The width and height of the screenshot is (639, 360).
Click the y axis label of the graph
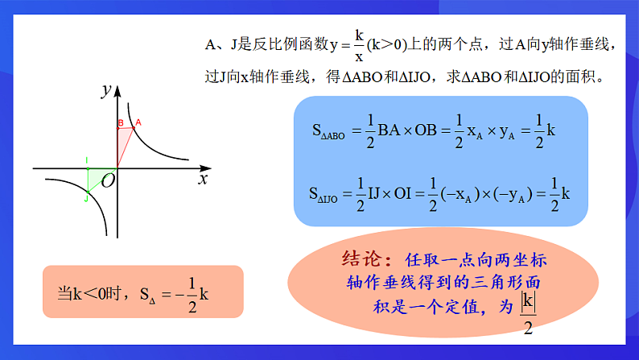tap(105, 91)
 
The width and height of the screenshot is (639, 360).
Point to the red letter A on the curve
tap(138, 122)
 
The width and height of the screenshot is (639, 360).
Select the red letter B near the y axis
tap(120, 123)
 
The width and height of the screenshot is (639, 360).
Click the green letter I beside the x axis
tap(88, 161)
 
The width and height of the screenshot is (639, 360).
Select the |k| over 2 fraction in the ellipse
tap(528, 313)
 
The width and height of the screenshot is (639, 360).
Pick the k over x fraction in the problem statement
tap(359, 47)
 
